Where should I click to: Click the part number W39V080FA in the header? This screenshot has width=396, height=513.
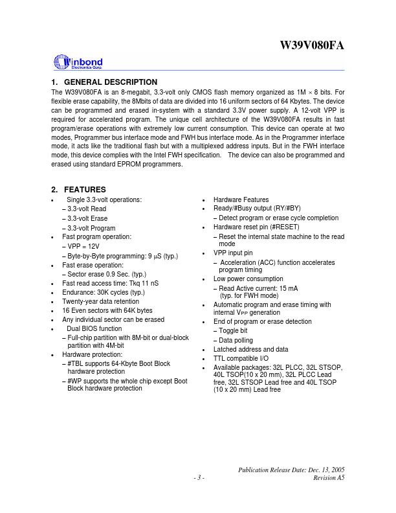click(312, 46)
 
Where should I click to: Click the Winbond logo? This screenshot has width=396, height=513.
click(78, 62)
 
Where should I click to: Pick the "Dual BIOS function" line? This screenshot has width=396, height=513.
click(94, 328)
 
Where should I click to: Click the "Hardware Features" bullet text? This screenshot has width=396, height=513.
click(241, 199)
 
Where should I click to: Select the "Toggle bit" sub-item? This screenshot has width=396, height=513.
click(233, 330)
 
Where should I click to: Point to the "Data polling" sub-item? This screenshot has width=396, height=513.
click(236, 339)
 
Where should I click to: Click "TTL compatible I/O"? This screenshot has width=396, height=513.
click(241, 358)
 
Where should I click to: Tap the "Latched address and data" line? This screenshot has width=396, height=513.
click(250, 349)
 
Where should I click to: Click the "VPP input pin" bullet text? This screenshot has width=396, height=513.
click(233, 253)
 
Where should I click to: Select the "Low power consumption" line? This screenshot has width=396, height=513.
click(248, 279)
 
